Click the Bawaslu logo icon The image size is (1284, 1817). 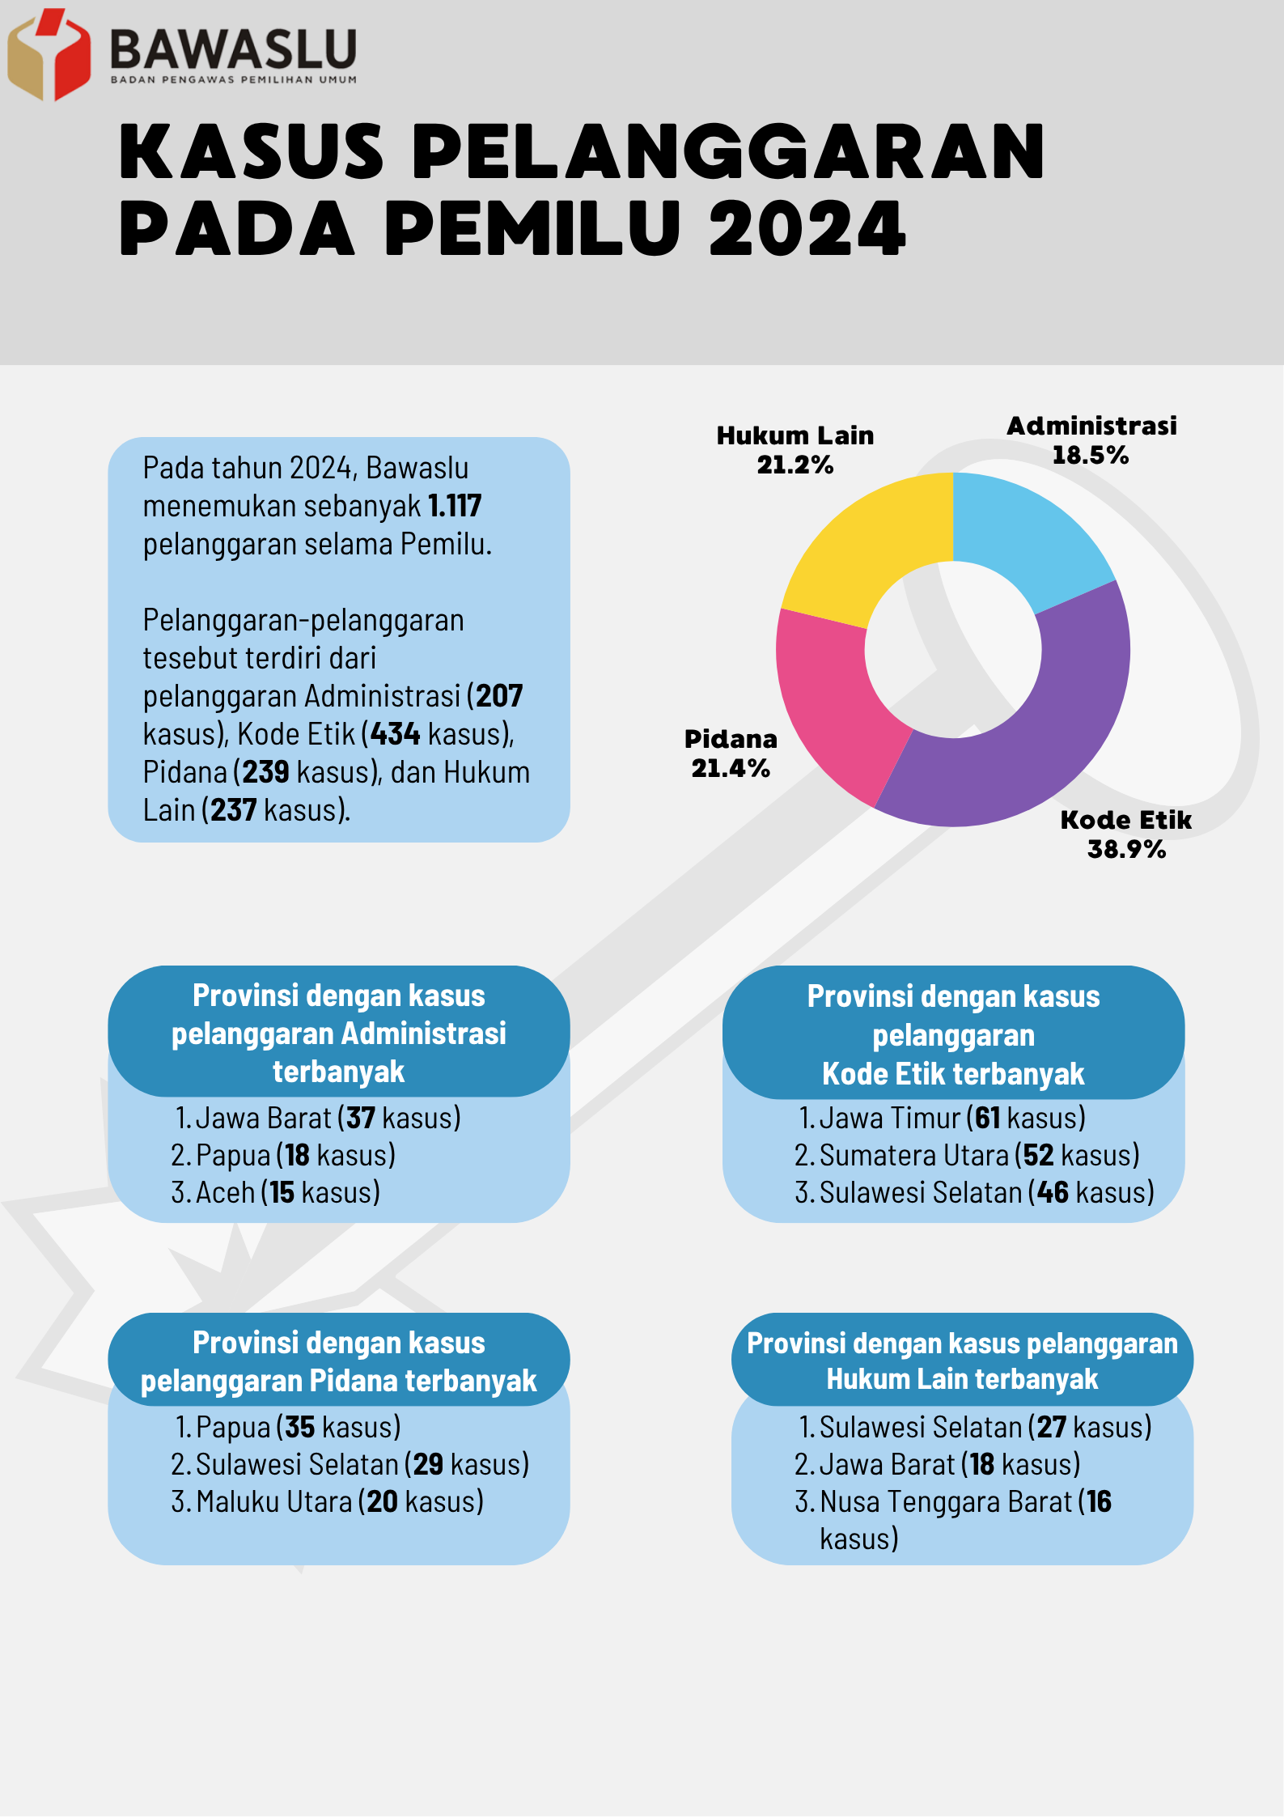[x=49, y=54]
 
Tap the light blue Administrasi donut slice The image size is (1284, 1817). [x=1028, y=534]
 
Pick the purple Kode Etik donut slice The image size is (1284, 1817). [x=1052, y=728]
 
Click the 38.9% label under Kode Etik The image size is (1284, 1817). [x=1126, y=849]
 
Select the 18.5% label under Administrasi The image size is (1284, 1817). [x=1090, y=455]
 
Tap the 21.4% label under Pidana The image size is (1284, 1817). [x=730, y=768]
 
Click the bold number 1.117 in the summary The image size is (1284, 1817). [x=455, y=506]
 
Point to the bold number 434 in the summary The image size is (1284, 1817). [x=396, y=734]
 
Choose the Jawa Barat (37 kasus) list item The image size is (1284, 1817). [x=318, y=1118]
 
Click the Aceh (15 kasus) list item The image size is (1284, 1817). [x=276, y=1192]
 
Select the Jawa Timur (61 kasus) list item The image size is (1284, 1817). [x=943, y=1118]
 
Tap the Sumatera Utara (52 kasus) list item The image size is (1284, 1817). [x=967, y=1155]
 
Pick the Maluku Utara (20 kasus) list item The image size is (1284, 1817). [x=328, y=1501]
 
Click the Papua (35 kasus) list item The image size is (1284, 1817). [x=288, y=1427]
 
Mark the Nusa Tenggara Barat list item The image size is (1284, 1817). [x=953, y=1520]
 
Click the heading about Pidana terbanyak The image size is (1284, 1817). [x=339, y=1361]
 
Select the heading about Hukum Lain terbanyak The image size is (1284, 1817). [x=962, y=1361]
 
